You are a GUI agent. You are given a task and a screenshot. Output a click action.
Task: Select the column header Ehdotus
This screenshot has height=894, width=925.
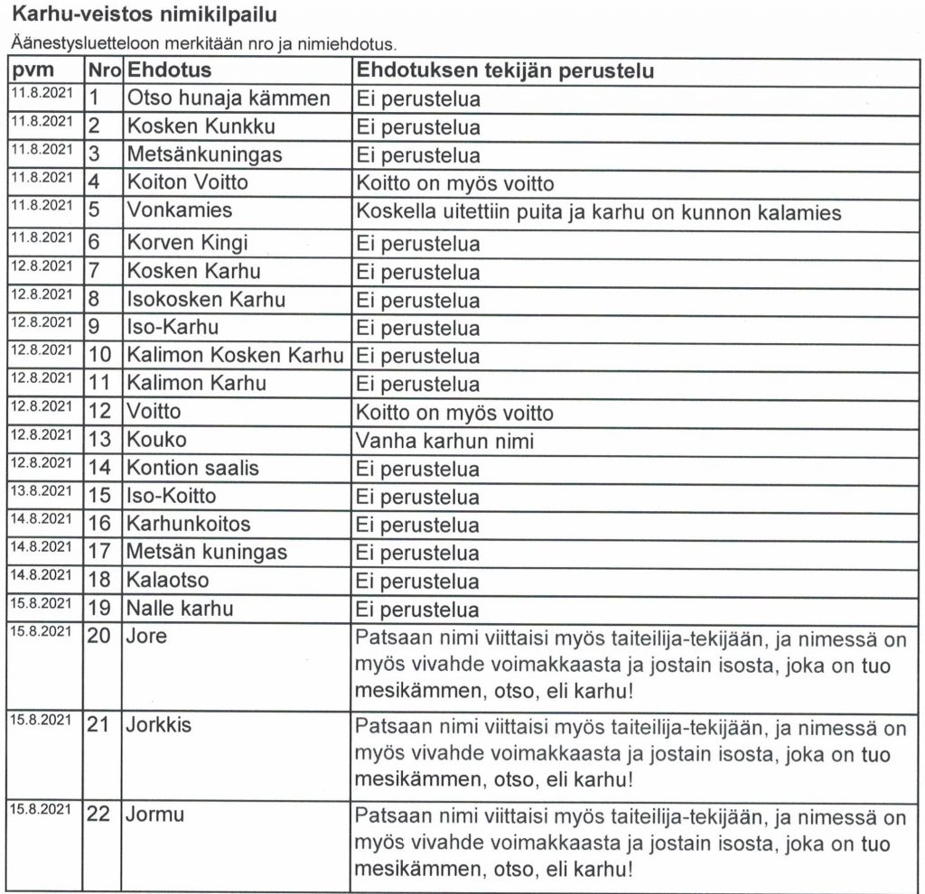click(x=169, y=70)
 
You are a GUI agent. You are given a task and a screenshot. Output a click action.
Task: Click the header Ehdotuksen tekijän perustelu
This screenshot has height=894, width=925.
click(x=505, y=70)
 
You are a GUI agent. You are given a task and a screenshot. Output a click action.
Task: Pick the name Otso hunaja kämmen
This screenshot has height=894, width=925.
click(x=229, y=98)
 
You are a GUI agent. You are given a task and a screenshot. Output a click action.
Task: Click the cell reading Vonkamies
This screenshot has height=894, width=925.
click(x=180, y=210)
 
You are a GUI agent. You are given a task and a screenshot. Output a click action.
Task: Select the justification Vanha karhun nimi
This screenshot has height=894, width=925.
click(x=445, y=441)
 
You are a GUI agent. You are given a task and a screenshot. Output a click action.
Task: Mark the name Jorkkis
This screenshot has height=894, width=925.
click(x=159, y=725)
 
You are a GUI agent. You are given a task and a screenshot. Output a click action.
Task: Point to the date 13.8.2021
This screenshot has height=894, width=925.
click(x=42, y=490)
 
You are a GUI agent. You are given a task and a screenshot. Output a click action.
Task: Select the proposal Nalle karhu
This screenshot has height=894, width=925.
click(x=180, y=609)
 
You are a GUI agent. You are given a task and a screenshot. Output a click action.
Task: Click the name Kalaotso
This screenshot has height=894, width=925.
click(x=168, y=581)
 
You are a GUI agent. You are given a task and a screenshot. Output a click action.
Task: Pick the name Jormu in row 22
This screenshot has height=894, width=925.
click(x=155, y=815)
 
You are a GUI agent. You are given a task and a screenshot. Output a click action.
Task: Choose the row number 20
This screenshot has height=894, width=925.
click(x=99, y=637)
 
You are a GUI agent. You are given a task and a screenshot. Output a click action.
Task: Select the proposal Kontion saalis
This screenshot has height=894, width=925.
click(x=192, y=469)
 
